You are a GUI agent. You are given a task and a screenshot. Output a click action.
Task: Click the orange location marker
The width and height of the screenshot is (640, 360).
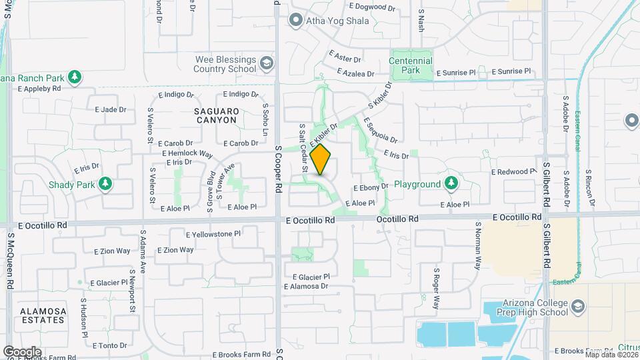[x=321, y=160]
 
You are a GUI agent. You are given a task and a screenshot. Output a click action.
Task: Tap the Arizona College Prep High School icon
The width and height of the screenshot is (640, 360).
[x=578, y=307]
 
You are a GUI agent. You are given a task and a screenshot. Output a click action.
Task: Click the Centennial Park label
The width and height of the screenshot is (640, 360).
[x=411, y=65]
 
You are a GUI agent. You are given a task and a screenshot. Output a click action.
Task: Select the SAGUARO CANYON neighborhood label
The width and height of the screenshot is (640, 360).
[x=216, y=115]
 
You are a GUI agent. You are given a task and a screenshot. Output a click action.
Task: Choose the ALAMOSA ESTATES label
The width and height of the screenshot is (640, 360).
[x=43, y=316]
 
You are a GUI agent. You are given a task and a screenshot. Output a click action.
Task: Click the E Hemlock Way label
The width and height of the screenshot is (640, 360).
[x=187, y=154]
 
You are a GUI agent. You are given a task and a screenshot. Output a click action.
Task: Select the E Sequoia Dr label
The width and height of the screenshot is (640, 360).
[x=380, y=131]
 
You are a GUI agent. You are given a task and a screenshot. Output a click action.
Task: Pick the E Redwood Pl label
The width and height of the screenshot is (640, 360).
[x=513, y=172]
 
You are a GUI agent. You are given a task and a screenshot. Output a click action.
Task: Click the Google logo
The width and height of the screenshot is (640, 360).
[x=22, y=351]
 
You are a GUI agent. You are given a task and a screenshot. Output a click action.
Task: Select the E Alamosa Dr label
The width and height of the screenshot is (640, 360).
[x=306, y=287]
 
